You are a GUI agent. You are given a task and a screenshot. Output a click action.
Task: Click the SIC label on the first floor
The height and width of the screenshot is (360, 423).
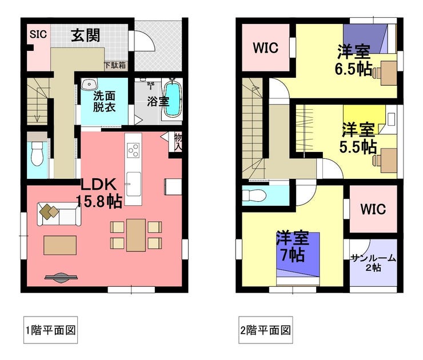(x=38, y=34)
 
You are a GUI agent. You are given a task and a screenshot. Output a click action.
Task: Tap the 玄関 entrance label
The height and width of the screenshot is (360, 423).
(x=86, y=35)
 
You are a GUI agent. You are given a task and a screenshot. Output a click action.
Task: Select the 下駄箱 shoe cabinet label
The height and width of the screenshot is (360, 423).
(x=115, y=65)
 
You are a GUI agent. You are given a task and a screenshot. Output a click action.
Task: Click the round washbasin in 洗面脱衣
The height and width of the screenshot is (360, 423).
(x=89, y=85)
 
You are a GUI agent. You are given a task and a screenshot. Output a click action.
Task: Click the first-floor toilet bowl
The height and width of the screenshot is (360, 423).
(x=37, y=154)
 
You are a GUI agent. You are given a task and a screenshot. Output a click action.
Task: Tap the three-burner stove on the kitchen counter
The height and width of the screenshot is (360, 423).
(x=133, y=150)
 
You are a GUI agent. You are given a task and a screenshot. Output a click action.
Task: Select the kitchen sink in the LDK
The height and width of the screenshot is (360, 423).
(x=133, y=184)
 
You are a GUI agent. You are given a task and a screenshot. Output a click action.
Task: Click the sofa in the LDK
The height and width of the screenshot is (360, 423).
(x=59, y=214)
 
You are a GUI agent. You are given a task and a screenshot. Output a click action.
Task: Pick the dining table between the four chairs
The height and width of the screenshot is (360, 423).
(x=136, y=235)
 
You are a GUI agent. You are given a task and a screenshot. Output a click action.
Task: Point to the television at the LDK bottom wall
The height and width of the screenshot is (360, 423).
(x=61, y=278)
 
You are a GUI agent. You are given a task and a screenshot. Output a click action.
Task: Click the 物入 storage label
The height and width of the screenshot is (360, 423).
(x=178, y=142)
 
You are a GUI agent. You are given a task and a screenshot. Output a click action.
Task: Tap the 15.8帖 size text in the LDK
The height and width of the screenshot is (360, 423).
(x=99, y=201)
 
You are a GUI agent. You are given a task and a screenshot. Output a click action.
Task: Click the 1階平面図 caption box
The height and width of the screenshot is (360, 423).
(x=50, y=330)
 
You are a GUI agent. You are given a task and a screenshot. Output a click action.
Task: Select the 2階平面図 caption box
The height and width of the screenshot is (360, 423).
(x=265, y=330)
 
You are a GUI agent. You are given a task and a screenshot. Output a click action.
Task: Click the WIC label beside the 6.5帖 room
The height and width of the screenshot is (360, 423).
(x=265, y=48)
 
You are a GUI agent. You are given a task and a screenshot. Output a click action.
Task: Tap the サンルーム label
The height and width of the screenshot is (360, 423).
(x=373, y=258)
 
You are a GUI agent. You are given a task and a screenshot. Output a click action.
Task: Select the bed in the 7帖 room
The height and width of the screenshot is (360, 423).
(x=298, y=258)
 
